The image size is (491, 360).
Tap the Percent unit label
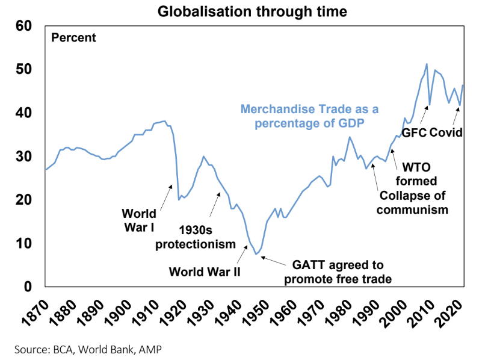[x=73, y=37]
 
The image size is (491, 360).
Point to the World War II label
[x=205, y=272]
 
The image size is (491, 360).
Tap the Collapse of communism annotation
[x=413, y=203]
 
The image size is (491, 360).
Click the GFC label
[x=413, y=132]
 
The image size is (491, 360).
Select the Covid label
[x=446, y=132]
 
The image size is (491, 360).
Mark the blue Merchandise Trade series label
[x=309, y=116]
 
